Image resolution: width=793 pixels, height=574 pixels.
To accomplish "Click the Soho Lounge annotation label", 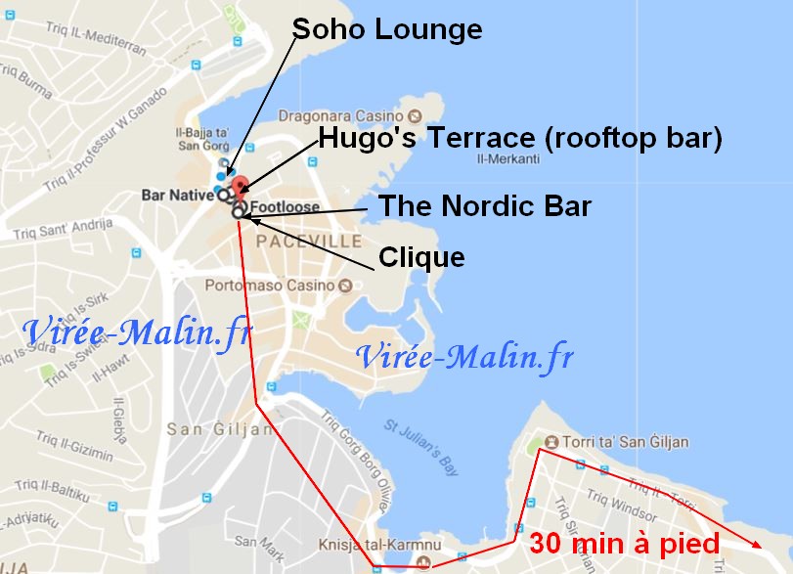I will click(387, 29).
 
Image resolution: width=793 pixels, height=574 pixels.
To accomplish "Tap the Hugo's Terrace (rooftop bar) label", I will click(520, 139).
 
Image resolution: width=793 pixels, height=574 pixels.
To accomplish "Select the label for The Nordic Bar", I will click(484, 206).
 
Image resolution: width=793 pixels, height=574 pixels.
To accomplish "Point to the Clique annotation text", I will click(421, 257).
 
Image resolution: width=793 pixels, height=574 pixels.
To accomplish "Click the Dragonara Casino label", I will click(341, 114).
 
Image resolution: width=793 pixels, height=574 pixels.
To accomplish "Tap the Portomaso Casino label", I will click(270, 286).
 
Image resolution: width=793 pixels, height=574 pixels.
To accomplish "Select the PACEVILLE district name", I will click(308, 241).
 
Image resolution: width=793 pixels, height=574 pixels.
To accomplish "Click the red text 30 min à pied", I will click(624, 544).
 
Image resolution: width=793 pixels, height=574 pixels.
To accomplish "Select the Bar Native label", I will click(177, 195).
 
